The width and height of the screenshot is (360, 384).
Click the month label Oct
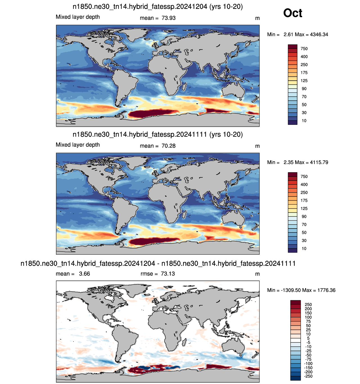pos(292,13)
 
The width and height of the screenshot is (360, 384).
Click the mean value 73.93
pos(168,18)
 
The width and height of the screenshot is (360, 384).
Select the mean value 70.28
pos(168,146)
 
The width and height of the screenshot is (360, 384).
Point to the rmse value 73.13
pos(167,274)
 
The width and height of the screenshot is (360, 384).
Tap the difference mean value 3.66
pos(84,274)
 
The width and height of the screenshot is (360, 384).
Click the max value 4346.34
pos(319,34)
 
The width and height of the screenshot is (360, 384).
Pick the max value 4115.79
pos(319,162)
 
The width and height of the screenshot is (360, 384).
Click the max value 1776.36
pos(326,290)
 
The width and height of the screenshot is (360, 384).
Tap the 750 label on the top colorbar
pos(304,49)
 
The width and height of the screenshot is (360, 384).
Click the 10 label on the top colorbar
pos(304,121)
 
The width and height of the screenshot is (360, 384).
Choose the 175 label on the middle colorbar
pos(304,200)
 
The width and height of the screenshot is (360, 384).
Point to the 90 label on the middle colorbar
pos(304,216)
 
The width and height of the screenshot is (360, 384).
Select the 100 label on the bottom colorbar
pos(308,317)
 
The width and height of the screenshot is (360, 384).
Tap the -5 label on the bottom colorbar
pos(308,342)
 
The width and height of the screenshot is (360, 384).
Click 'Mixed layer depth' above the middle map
pos(78,145)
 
